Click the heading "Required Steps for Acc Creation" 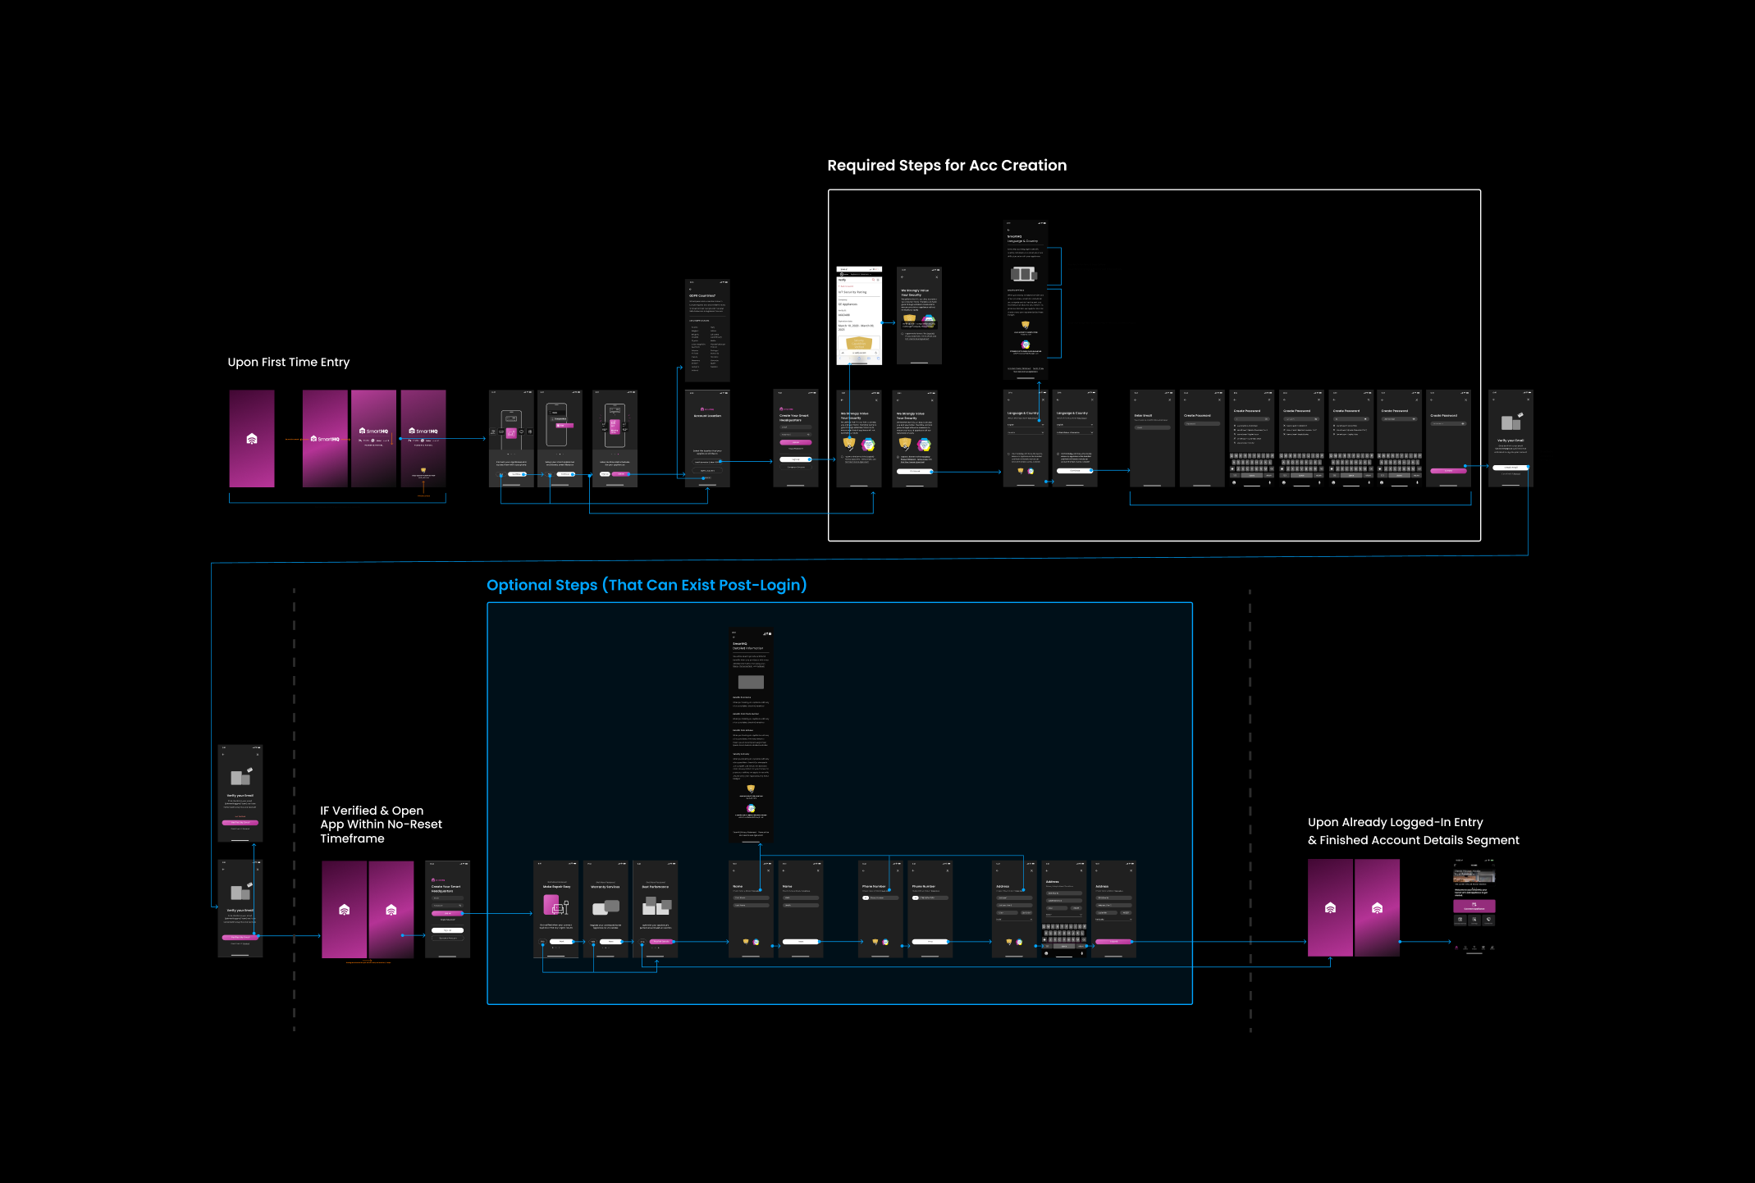(x=947, y=166)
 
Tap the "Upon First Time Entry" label (x=288, y=363)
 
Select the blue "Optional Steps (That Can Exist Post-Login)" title (x=647, y=585)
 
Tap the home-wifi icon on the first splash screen (x=252, y=439)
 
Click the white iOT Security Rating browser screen (x=859, y=316)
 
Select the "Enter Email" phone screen (x=1152, y=439)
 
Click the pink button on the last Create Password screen (x=1448, y=471)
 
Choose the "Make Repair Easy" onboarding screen (x=555, y=909)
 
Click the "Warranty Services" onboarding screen (x=606, y=909)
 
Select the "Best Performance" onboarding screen (x=656, y=909)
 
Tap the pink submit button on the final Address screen (x=1113, y=942)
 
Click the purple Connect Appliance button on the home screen (x=1474, y=907)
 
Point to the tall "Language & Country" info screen (x=1026, y=299)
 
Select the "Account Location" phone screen (x=707, y=439)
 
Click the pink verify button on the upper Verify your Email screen (x=240, y=822)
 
